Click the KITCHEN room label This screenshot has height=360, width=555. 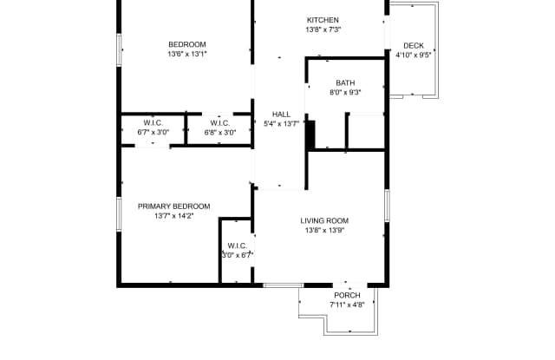pyautogui.click(x=323, y=20)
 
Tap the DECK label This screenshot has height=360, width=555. pyautogui.click(x=414, y=46)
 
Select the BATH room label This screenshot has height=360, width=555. pyautogui.click(x=345, y=82)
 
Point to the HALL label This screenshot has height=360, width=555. pyautogui.click(x=281, y=114)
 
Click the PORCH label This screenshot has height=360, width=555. pyautogui.click(x=347, y=295)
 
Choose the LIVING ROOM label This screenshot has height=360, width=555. pyautogui.click(x=324, y=221)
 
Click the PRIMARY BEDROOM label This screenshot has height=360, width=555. pyautogui.click(x=173, y=206)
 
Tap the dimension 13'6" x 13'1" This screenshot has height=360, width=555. pyautogui.click(x=187, y=54)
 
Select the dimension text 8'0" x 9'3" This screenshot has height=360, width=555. pyautogui.click(x=345, y=93)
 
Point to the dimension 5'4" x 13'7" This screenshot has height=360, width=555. pyautogui.click(x=281, y=124)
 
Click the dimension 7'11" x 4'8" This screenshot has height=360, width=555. pyautogui.click(x=347, y=304)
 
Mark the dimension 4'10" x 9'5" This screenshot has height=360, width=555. pyautogui.click(x=414, y=56)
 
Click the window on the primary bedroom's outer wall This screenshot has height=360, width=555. pyautogui.click(x=120, y=214)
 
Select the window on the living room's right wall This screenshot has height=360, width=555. pyautogui.click(x=388, y=206)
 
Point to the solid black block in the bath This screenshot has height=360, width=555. pyautogui.click(x=310, y=134)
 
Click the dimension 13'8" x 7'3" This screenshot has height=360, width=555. pyautogui.click(x=323, y=29)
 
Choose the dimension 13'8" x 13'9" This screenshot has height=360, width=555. pyautogui.click(x=324, y=231)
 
